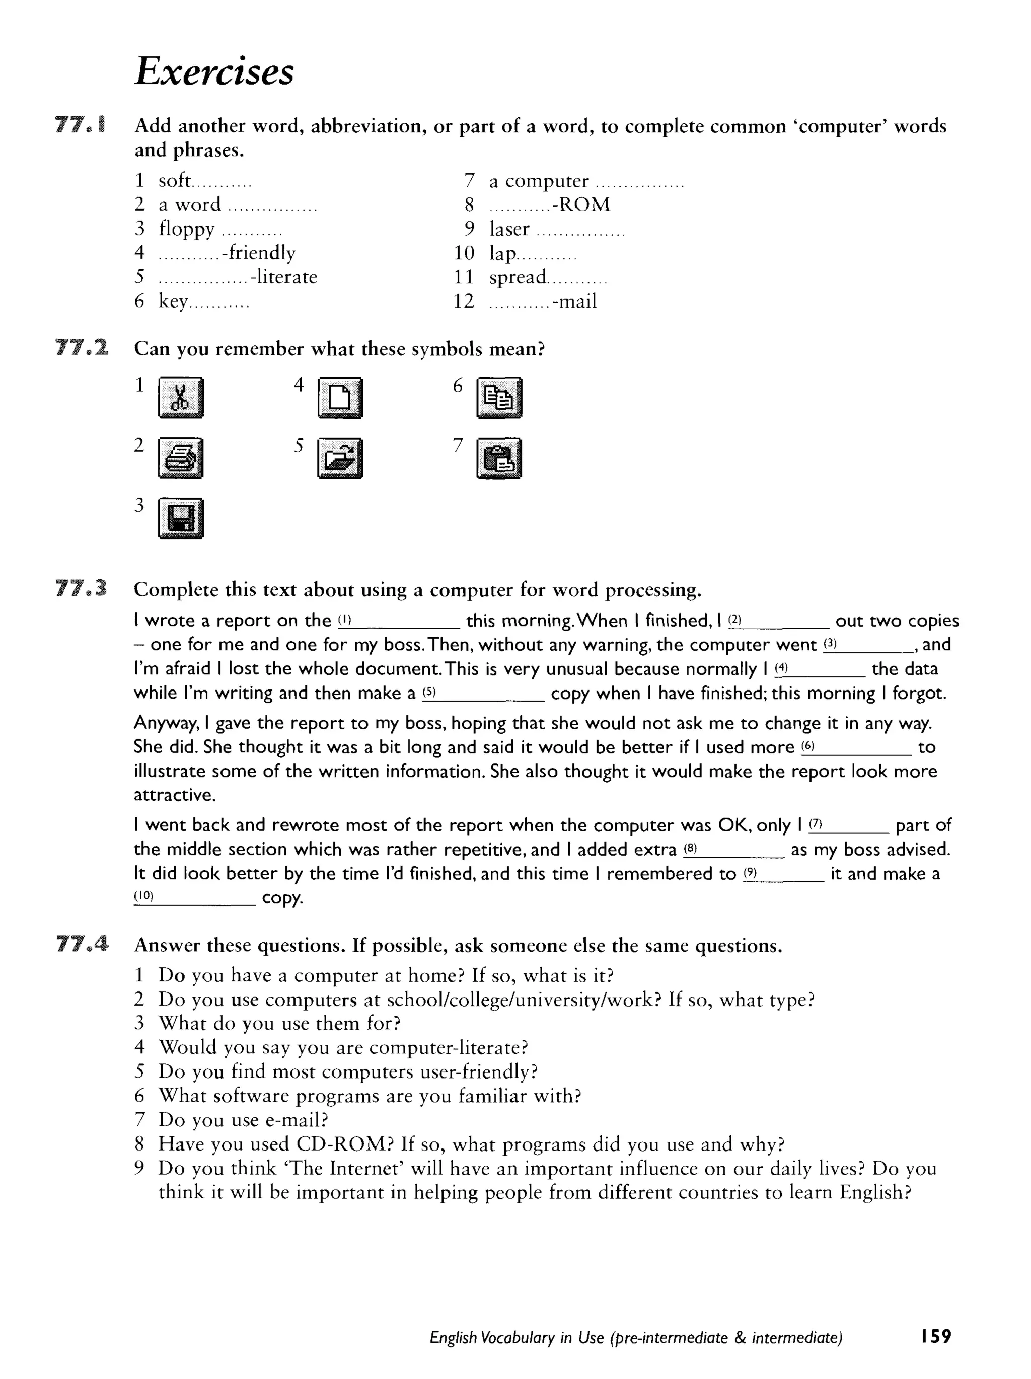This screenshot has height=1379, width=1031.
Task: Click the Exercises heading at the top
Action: click(x=214, y=71)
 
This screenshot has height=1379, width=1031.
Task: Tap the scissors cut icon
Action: click(x=181, y=397)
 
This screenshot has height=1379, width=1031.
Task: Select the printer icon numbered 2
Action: click(x=181, y=458)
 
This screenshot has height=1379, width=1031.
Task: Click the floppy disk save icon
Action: click(x=181, y=518)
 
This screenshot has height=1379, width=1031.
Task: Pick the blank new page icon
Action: click(x=340, y=397)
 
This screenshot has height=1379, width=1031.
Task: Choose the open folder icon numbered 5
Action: click(x=340, y=458)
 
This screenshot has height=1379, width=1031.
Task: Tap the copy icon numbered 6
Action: click(x=499, y=397)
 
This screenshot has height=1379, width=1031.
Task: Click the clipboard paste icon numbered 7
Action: click(x=499, y=458)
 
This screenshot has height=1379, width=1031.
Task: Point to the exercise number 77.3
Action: click(x=81, y=588)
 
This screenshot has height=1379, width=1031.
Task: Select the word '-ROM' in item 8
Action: click(x=581, y=204)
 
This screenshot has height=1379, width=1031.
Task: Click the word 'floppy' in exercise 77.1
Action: click(x=186, y=229)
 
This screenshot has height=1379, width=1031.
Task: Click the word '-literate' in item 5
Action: click(x=284, y=277)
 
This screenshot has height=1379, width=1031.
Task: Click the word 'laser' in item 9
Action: click(x=509, y=229)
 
